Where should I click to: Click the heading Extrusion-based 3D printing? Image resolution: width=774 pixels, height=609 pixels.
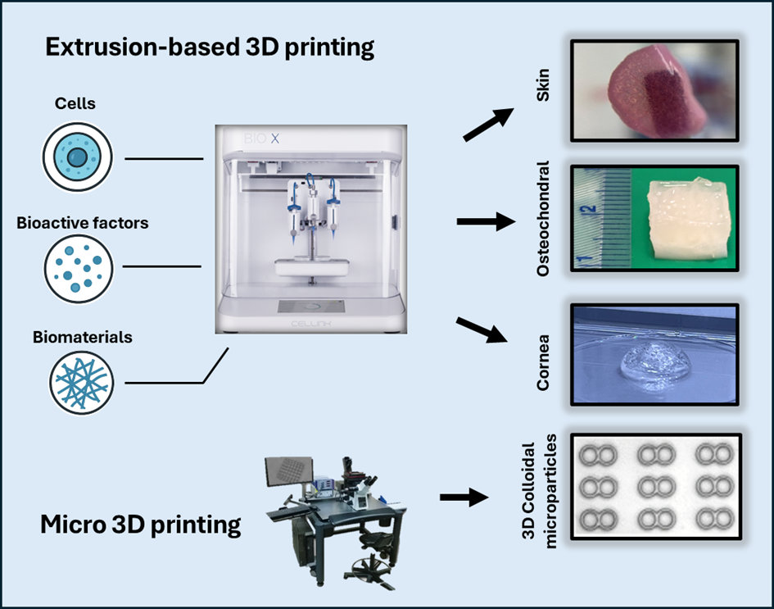pyautogui.click(x=210, y=48)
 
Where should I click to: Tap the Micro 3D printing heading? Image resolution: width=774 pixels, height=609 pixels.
pyautogui.click(x=141, y=524)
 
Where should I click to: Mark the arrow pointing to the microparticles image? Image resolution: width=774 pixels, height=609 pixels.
pyautogui.click(x=465, y=497)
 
